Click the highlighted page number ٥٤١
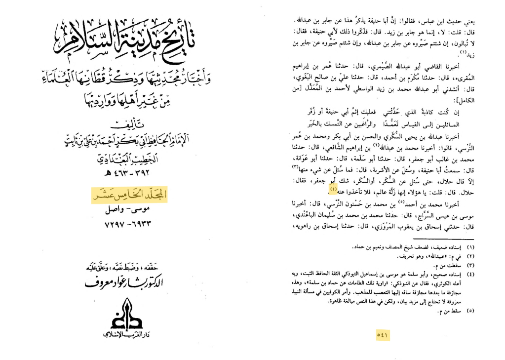pos(383,334)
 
